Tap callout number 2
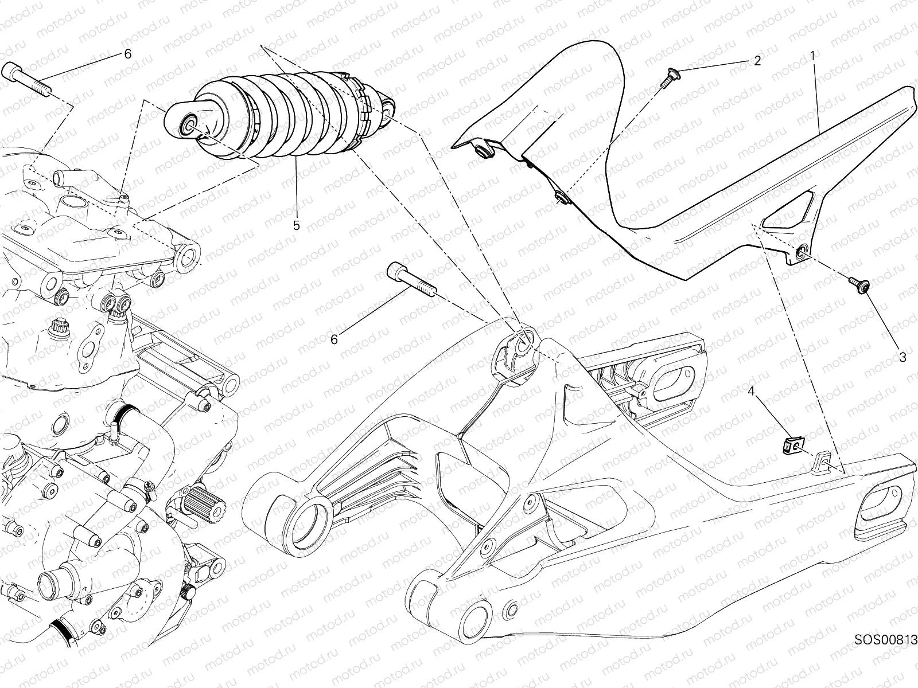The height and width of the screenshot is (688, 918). coord(757,61)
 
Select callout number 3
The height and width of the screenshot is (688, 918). coord(903,358)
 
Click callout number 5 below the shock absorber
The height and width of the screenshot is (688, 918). coord(297,226)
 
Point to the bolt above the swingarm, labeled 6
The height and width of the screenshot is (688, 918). coord(412,279)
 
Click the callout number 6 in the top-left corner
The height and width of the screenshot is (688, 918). coord(127,54)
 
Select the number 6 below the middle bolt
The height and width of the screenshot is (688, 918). coord(334,340)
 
